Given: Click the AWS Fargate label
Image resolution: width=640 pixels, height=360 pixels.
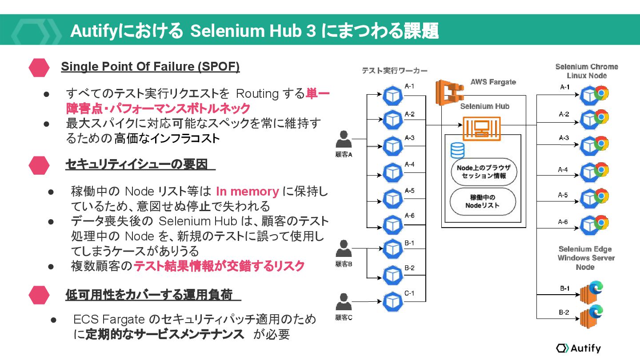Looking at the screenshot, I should pos(493,82).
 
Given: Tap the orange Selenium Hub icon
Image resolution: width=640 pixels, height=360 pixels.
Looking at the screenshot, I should pos(481,129).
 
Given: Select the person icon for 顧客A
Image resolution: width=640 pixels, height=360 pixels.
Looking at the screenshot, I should pos(344,140).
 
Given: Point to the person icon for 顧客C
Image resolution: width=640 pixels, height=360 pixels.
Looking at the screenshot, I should pos(344,302).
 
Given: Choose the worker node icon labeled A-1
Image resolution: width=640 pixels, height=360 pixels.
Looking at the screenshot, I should pos(392,95).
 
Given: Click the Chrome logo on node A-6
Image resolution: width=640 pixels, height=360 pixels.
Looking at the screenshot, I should pos(601,222).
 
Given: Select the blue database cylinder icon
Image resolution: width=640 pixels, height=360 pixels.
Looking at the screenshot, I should pos(457,150).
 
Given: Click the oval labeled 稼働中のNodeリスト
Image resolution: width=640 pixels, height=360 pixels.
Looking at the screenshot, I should pos(483,202).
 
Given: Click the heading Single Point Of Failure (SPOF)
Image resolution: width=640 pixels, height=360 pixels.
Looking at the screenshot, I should pos(150,67).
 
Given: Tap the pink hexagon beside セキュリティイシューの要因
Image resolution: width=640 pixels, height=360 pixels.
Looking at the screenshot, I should pos(39,165).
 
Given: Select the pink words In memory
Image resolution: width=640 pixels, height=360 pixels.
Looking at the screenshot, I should pos(247,192).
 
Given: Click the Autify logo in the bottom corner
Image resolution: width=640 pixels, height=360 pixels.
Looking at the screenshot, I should pos(578,348).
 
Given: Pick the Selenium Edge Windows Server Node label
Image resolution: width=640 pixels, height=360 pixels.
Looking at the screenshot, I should pos(586,258).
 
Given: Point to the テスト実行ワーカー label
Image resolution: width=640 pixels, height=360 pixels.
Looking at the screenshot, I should pos(394,70).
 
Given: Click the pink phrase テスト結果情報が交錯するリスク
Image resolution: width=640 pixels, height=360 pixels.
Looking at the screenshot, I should pos(219,266).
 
